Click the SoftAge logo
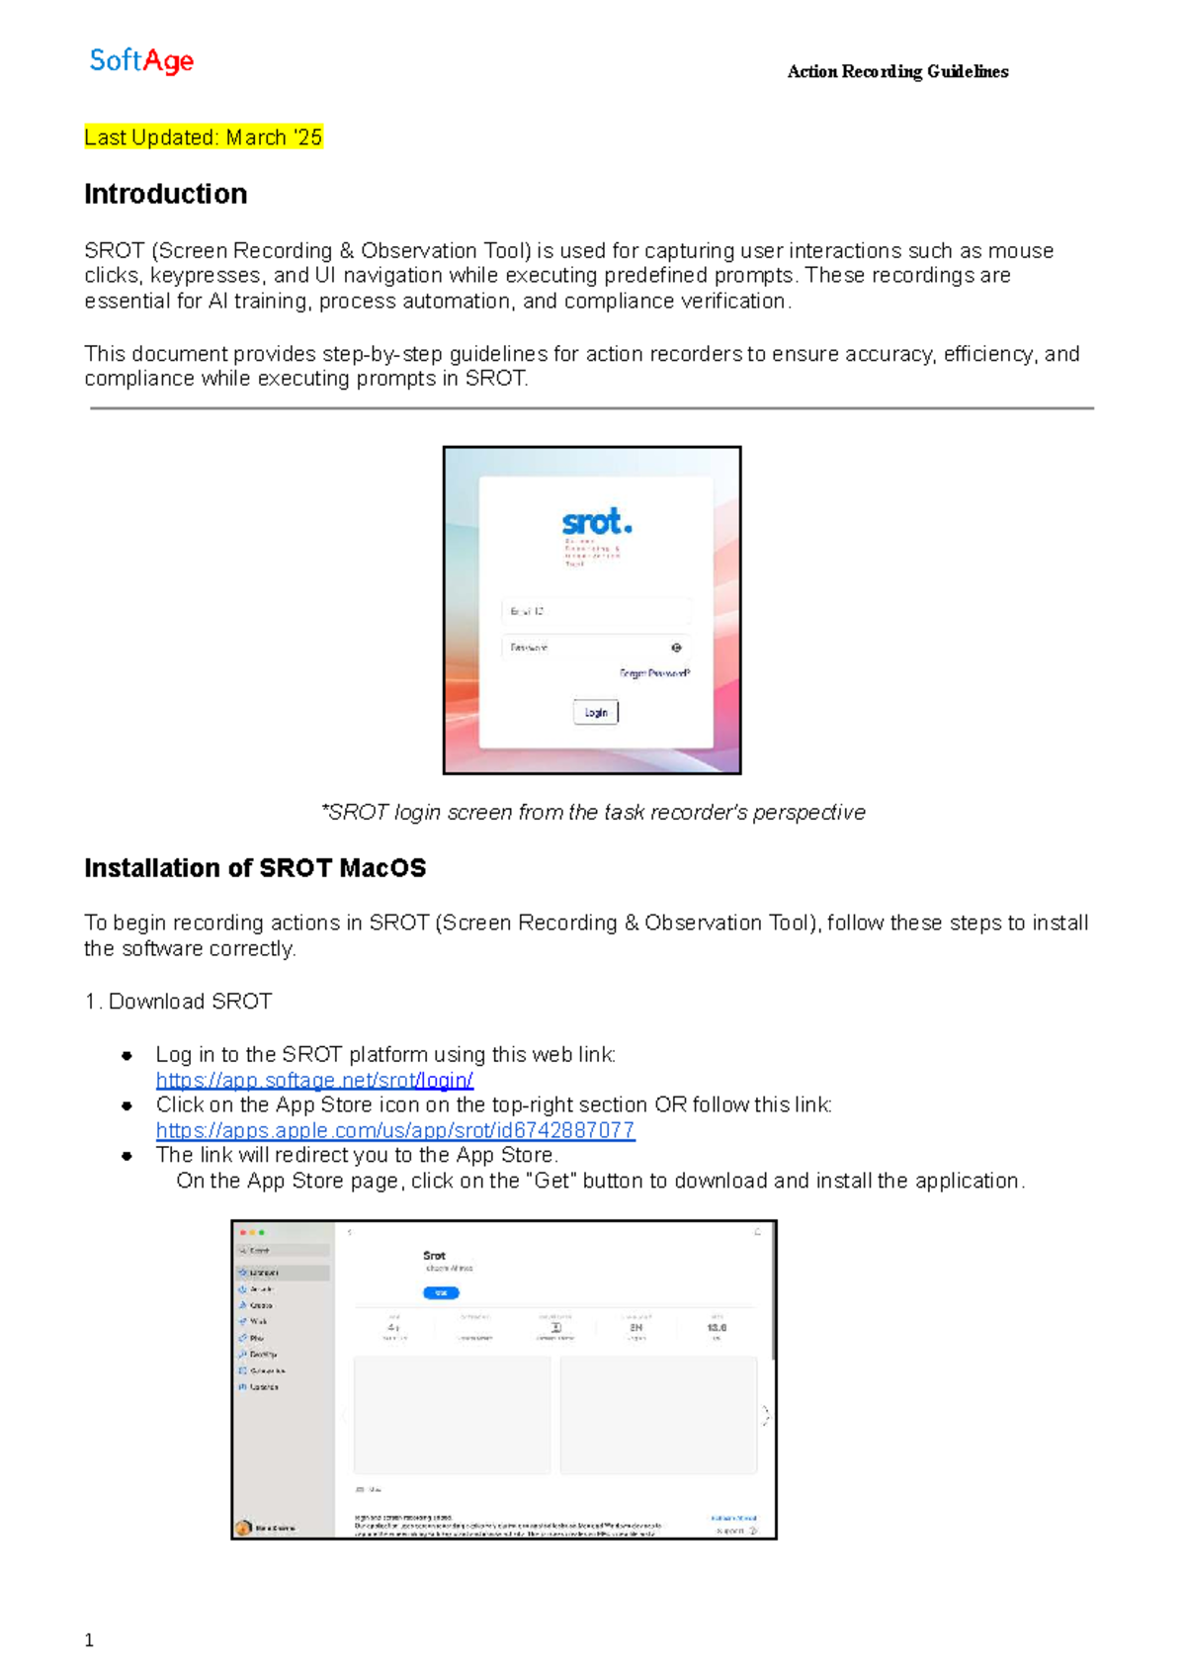(x=141, y=61)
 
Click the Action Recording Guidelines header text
(x=897, y=71)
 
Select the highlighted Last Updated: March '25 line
(x=204, y=137)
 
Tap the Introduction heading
(x=166, y=194)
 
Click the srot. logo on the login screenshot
(x=596, y=521)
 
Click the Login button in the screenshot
(x=596, y=712)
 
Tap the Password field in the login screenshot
(x=583, y=648)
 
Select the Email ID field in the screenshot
(x=595, y=611)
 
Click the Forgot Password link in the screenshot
(x=654, y=673)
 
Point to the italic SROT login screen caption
(x=593, y=812)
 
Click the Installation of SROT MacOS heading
(x=255, y=868)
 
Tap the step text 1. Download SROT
(x=179, y=1002)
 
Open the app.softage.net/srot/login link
(x=314, y=1080)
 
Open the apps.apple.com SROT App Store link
(x=395, y=1130)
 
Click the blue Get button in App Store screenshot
(x=441, y=1292)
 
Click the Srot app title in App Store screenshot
(x=435, y=1256)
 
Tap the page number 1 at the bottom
(x=89, y=1640)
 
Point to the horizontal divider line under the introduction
(x=591, y=407)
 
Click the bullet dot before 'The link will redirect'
(x=127, y=1156)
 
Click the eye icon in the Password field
(x=677, y=648)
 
